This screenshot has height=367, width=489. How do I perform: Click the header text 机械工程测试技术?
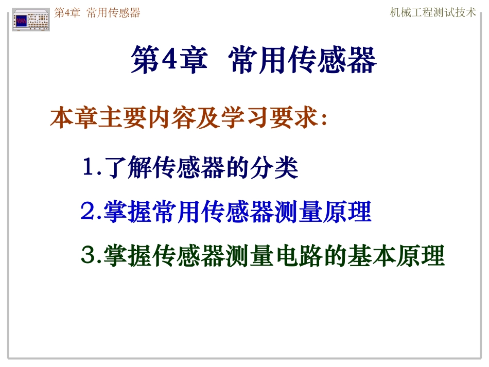pyautogui.click(x=433, y=13)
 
